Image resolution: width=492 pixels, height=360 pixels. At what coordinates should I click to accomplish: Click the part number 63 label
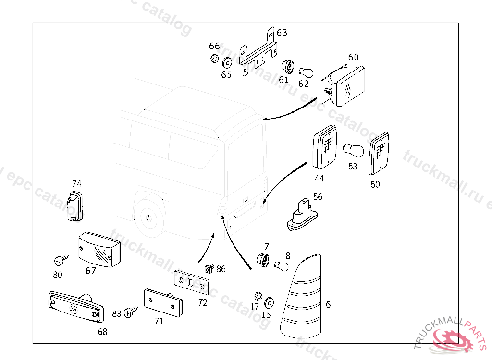282,33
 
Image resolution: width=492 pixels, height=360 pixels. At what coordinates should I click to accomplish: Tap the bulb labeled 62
306,72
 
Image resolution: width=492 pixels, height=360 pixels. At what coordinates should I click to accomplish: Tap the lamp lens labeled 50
380,154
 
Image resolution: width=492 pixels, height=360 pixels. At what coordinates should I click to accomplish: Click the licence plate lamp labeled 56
302,214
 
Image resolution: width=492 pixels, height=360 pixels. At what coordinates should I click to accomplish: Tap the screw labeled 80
61,261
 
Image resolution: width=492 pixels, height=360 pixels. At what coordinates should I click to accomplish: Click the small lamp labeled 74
74,206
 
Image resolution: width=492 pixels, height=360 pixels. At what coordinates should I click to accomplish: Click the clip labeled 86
209,268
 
